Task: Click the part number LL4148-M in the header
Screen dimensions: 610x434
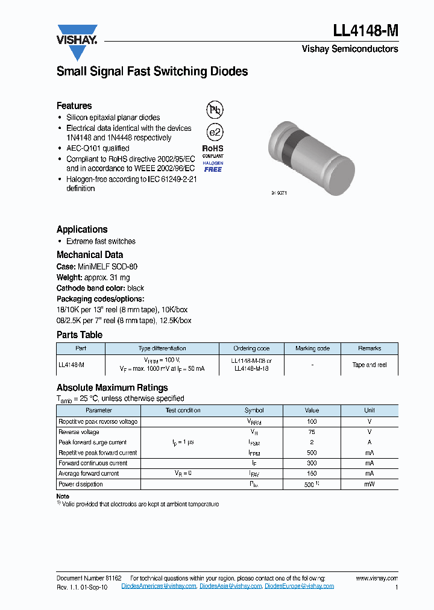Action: point(365,31)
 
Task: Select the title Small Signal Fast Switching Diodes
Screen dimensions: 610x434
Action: point(152,71)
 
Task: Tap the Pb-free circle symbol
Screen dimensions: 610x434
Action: point(215,110)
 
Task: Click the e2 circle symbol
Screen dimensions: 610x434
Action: point(215,132)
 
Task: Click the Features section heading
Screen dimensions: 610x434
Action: point(74,105)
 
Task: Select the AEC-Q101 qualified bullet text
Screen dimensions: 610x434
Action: point(98,148)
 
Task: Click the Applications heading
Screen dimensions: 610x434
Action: point(82,229)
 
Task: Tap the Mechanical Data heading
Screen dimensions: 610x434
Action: point(90,254)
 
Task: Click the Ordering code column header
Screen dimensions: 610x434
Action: point(251,348)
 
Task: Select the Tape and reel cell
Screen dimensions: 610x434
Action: point(369,365)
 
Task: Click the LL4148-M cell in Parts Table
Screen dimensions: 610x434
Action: point(71,365)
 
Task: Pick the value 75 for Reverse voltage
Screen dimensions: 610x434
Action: point(312,432)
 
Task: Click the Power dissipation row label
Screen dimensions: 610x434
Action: point(81,484)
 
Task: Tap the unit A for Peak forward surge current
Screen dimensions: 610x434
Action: point(369,442)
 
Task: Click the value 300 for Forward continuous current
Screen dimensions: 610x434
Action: point(312,463)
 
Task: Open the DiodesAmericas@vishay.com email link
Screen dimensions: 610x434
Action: point(159,586)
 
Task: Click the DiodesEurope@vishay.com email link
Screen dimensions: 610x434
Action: point(299,586)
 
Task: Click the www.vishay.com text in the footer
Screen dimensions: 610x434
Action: point(377,578)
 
